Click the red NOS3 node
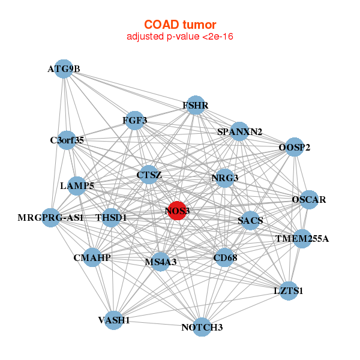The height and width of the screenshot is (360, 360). (x=176, y=211)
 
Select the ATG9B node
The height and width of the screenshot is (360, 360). (x=64, y=69)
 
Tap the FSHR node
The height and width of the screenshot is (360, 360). (x=196, y=106)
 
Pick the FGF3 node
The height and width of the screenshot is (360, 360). (x=135, y=121)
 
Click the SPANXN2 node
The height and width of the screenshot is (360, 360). (x=239, y=131)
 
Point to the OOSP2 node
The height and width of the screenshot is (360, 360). (x=293, y=147)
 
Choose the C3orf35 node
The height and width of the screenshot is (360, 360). (x=67, y=140)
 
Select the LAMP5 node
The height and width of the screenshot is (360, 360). (x=77, y=186)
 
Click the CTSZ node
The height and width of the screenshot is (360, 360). (x=149, y=175)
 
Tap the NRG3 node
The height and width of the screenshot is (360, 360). (x=224, y=178)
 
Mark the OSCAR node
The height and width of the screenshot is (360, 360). (x=308, y=199)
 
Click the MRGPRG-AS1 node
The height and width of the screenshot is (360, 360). (x=51, y=217)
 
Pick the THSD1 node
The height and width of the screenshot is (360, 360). (x=112, y=217)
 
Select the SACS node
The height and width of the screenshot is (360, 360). (x=250, y=220)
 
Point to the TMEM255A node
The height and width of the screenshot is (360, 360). (x=302, y=239)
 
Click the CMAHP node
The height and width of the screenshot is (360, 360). (x=92, y=257)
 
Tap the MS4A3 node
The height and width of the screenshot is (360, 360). (x=160, y=262)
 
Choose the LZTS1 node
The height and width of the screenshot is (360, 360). (x=289, y=291)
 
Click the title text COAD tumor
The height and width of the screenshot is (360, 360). (x=180, y=25)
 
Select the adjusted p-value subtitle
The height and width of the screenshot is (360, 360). (x=180, y=37)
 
